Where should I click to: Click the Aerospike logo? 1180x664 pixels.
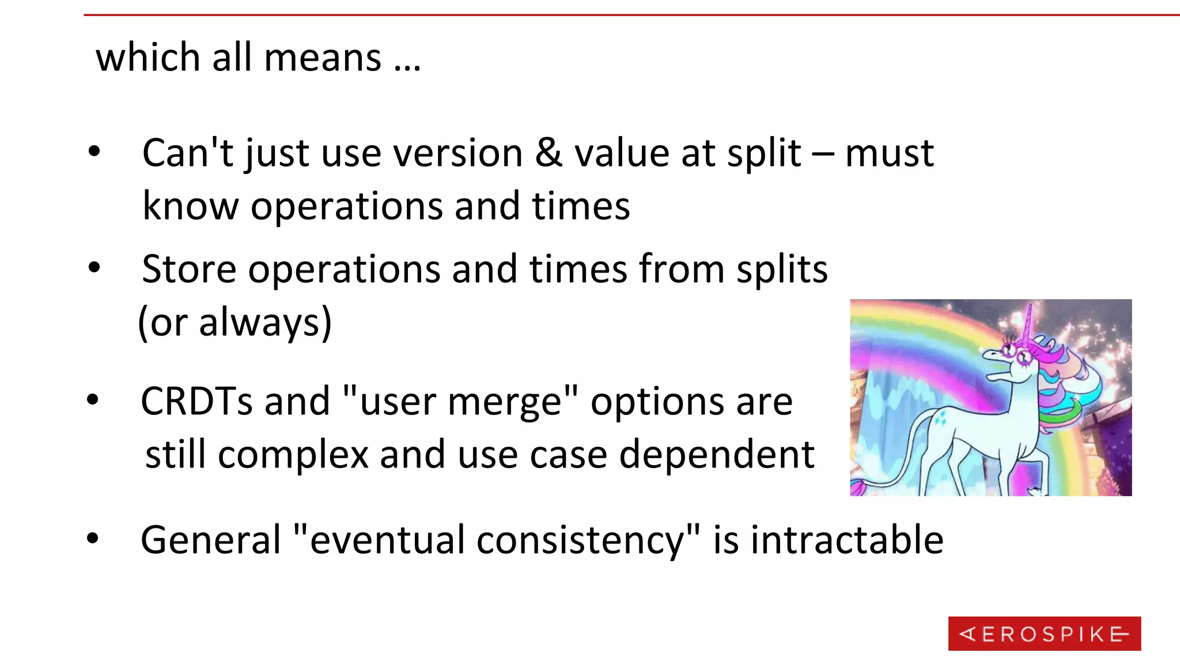[1044, 633]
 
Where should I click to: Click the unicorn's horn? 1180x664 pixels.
[1030, 323]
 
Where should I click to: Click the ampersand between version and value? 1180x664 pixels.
[549, 153]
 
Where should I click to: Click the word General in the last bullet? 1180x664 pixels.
[211, 541]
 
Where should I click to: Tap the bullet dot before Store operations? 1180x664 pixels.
[94, 267]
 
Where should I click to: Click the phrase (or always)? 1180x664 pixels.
[235, 323]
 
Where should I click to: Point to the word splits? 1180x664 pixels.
[782, 269]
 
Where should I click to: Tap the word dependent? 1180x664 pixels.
[717, 455]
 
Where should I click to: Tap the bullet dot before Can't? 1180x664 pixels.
[94, 152]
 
